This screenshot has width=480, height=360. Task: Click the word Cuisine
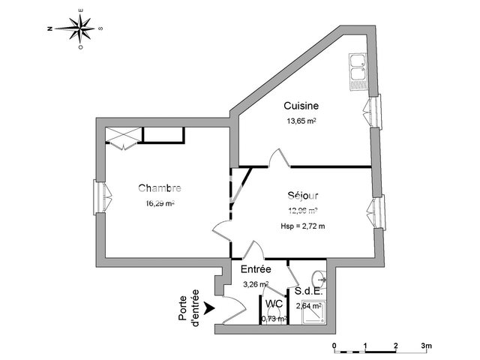click(299, 106)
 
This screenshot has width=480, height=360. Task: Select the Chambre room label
click(160, 188)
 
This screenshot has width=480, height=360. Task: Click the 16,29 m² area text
click(160, 202)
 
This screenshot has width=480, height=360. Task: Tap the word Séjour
click(303, 196)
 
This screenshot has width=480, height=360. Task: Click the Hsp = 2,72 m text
click(303, 225)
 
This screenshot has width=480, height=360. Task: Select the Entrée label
click(256, 269)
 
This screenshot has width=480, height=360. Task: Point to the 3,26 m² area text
click(256, 283)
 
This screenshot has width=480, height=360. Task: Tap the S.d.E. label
click(308, 291)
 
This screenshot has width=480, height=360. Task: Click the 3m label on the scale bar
click(427, 346)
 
